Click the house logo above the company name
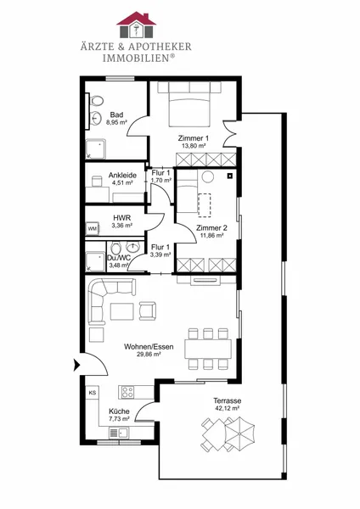pos(137,25)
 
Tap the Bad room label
pos(116,115)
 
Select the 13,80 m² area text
pos(194,146)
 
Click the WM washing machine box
pos(93,228)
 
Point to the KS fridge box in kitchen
pos(93,393)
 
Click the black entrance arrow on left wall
pos(77,365)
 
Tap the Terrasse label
pos(227,401)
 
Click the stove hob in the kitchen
pos(127,392)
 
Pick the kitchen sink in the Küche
pos(118,433)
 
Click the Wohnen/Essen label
pos(149,347)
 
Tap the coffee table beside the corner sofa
pos(122,311)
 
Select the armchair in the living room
pos(148,311)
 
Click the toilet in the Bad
pos(97,101)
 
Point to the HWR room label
pos(122,218)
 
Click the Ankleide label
pos(122,176)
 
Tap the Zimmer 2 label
pos(211,228)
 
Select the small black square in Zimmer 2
pos(230,176)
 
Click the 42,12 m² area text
pos(227,408)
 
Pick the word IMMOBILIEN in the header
pos(136,59)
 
